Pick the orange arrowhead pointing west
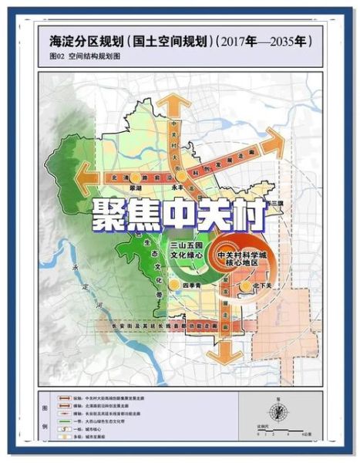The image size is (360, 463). point(79,177)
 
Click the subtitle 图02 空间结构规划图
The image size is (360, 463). point(82,56)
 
